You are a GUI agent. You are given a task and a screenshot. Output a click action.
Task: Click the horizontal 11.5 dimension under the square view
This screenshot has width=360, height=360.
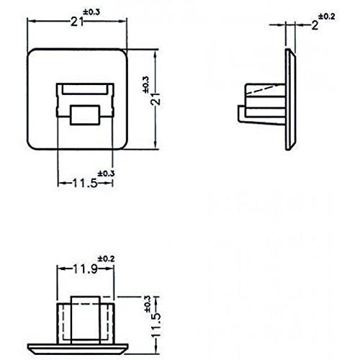pyautogui.click(x=84, y=182)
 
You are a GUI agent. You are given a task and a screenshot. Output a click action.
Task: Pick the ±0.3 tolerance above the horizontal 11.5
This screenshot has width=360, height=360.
pyautogui.click(x=105, y=173)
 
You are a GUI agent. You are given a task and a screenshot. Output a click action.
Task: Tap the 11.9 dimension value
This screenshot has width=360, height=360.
pyautogui.click(x=85, y=270)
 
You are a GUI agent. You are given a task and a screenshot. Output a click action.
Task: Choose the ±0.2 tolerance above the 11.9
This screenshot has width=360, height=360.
pyautogui.click(x=105, y=258)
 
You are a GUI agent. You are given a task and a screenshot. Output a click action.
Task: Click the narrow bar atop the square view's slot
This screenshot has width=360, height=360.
pyautogui.click(x=86, y=88)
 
